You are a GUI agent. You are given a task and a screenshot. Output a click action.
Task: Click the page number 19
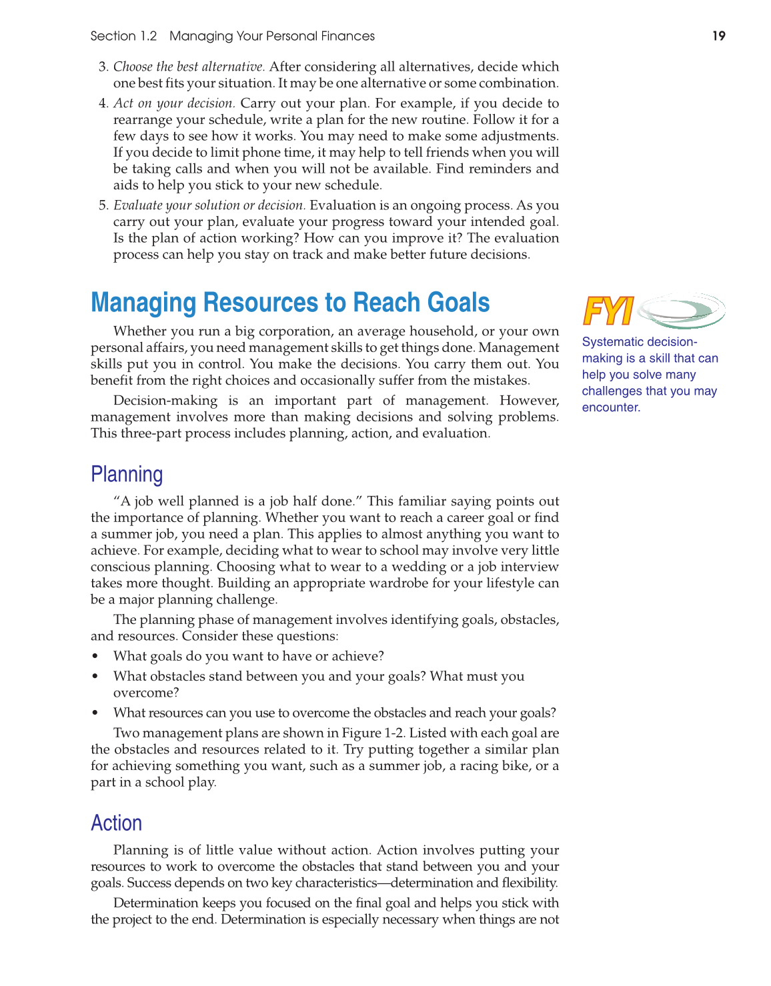718,36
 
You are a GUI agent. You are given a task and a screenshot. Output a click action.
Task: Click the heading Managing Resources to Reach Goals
290,303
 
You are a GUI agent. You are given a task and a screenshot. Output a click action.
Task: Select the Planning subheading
127,474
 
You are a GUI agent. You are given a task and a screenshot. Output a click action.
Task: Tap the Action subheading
117,823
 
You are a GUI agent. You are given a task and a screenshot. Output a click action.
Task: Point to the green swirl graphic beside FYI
681,311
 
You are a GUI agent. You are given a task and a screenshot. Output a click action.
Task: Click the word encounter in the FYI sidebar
611,407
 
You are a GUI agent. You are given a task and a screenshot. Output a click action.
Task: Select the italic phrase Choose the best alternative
189,67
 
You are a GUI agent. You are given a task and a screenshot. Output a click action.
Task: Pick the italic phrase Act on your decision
174,103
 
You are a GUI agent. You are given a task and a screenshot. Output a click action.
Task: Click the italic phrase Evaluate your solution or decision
209,205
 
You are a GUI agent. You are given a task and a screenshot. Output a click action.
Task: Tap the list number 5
103,205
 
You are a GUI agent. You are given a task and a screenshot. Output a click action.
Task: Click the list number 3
103,67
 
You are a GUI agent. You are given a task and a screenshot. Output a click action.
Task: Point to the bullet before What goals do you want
96,657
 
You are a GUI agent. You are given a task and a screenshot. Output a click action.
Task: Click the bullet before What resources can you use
96,713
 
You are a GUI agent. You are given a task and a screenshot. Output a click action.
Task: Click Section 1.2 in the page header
123,36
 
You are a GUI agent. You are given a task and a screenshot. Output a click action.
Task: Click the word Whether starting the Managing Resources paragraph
138,331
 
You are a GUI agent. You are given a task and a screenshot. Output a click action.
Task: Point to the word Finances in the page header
349,36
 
